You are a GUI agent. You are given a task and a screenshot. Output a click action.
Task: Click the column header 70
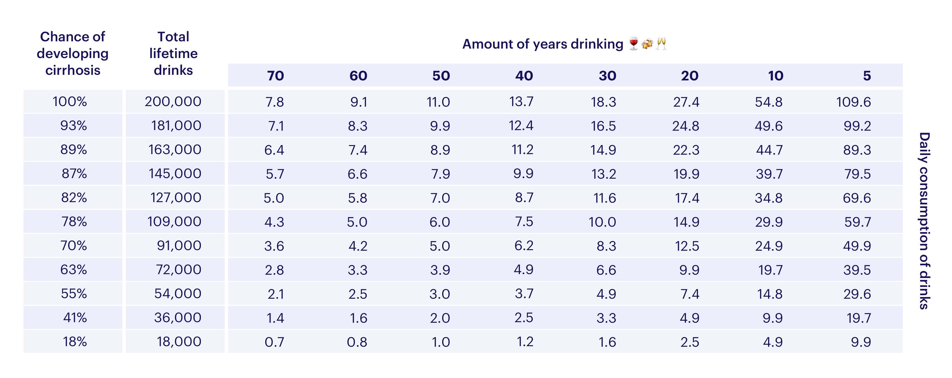(x=275, y=76)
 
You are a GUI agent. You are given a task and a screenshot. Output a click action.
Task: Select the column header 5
(x=867, y=76)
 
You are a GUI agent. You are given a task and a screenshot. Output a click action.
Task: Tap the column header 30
(x=607, y=76)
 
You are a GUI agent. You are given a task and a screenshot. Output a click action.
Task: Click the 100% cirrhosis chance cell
(x=70, y=102)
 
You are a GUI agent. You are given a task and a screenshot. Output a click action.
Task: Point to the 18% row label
(x=75, y=341)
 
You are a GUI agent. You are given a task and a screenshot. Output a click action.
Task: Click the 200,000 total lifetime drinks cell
(x=173, y=102)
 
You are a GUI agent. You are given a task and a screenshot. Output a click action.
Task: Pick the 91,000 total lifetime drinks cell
(x=179, y=245)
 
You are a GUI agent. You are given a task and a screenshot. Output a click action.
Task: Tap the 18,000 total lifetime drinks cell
(x=179, y=341)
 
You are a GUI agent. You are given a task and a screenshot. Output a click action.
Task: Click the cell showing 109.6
(x=853, y=102)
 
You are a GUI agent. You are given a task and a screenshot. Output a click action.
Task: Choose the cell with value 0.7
(x=274, y=342)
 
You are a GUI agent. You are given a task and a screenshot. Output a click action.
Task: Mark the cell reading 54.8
(x=768, y=102)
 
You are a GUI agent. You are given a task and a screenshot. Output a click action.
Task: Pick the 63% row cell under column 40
(x=523, y=269)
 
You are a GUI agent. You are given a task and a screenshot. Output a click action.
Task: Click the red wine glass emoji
(x=633, y=44)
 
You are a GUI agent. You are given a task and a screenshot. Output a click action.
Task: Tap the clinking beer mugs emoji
(x=647, y=44)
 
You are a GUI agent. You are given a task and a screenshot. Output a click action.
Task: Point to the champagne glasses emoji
(x=661, y=44)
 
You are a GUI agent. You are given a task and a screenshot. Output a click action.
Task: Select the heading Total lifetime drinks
(x=173, y=54)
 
